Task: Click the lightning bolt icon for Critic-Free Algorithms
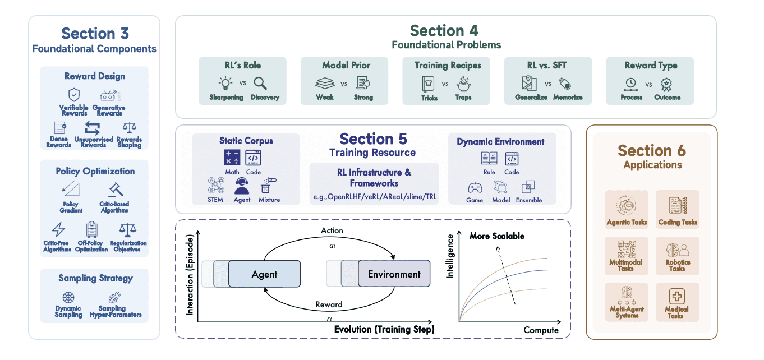click(x=58, y=229)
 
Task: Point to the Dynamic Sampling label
click(x=68, y=311)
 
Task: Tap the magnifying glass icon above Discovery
click(x=260, y=84)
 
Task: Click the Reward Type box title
click(x=651, y=66)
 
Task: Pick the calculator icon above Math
click(x=232, y=158)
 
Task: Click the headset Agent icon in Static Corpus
click(x=242, y=185)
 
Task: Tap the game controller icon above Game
click(x=475, y=187)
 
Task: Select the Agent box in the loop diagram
click(x=264, y=274)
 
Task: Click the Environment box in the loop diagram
click(x=394, y=274)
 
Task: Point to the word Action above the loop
click(x=332, y=230)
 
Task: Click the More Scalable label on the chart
click(x=496, y=236)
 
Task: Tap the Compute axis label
click(x=541, y=330)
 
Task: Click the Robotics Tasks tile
click(x=677, y=256)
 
